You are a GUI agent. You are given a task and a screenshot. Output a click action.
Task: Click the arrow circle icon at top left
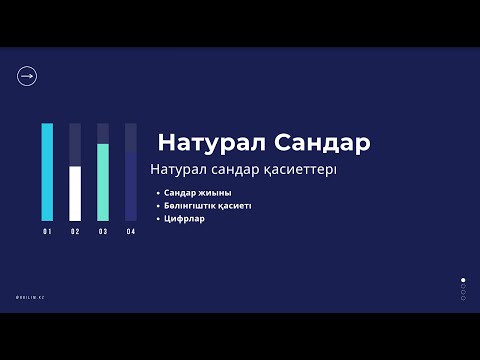click(27, 76)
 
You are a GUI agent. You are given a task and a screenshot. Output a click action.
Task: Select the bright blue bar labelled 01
click(47, 172)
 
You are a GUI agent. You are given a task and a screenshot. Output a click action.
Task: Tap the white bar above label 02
click(75, 193)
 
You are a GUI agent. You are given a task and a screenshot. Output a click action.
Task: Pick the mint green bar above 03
click(103, 182)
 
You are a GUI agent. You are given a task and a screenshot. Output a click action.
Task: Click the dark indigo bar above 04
click(131, 186)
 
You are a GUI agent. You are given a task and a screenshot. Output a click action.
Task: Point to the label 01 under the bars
click(47, 232)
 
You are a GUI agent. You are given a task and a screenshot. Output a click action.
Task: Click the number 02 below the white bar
click(75, 232)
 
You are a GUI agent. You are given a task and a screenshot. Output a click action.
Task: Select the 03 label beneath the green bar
click(103, 232)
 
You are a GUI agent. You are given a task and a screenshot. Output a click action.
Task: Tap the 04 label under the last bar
click(131, 232)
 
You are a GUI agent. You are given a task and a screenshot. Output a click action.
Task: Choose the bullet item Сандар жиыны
click(198, 192)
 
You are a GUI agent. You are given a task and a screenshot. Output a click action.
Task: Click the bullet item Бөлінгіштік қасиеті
click(207, 205)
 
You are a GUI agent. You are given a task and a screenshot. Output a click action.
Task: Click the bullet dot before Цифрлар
click(158, 218)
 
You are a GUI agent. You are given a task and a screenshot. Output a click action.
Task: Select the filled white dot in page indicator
click(462, 280)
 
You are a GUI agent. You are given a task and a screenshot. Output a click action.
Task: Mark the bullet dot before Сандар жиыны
click(158, 192)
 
